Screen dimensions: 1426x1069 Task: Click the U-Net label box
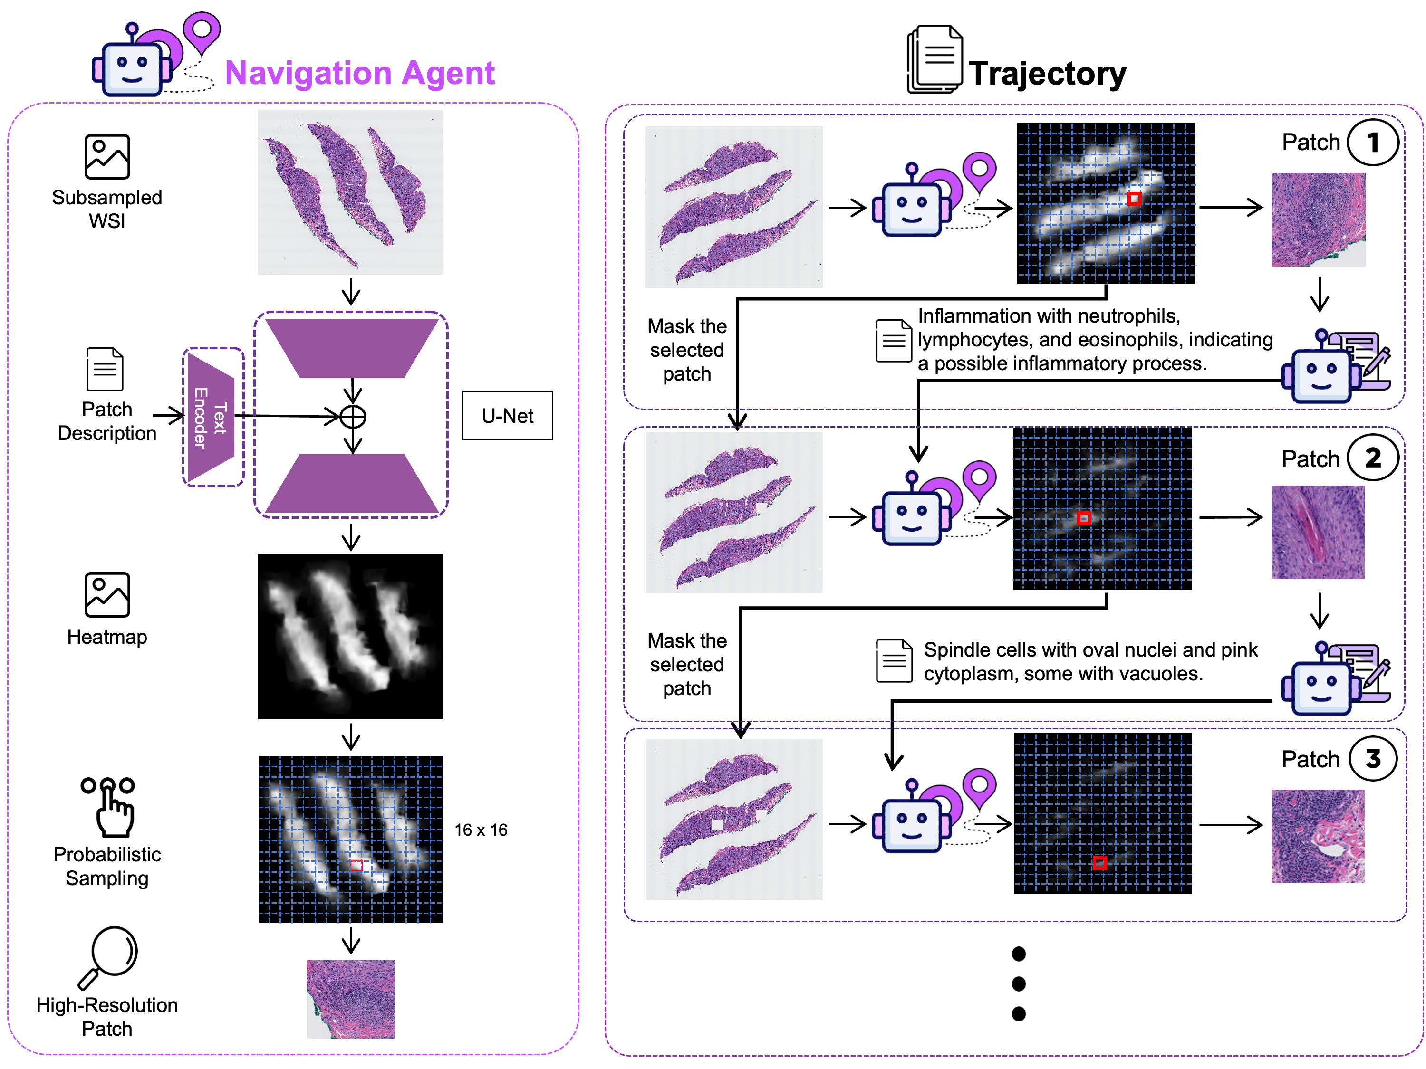(507, 416)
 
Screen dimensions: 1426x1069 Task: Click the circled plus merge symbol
(353, 417)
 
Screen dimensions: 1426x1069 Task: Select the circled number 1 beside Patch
(1373, 143)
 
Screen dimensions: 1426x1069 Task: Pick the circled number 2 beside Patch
(1373, 458)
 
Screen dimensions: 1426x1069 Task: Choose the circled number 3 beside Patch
(1373, 758)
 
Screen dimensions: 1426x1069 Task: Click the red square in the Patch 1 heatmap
(1135, 199)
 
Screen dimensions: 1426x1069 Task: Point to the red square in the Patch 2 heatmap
(1084, 518)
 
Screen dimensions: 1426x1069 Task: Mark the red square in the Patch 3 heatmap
(1100, 862)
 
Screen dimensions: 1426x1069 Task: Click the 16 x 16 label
(481, 830)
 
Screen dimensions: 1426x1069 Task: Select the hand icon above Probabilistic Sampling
(109, 807)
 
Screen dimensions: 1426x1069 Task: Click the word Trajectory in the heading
(1048, 74)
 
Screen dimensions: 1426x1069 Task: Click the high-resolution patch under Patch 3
(1319, 836)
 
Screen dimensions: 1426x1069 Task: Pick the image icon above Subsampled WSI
(107, 157)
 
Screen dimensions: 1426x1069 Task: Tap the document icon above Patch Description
(105, 369)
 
